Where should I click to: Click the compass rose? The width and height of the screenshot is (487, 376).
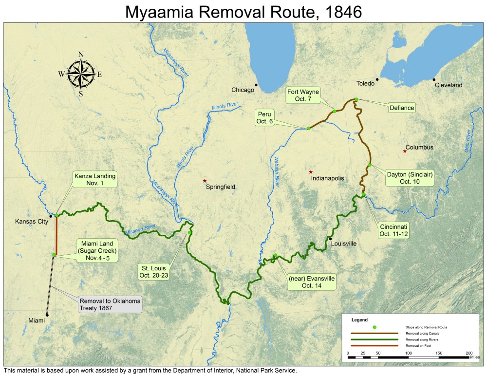coord(81,75)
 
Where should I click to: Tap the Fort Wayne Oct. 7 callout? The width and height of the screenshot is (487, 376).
coord(302,95)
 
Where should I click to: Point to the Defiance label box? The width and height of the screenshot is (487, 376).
coord(402,108)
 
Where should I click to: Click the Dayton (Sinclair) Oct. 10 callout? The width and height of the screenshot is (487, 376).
coord(410,178)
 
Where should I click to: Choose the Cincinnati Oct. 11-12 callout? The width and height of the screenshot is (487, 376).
coord(393,230)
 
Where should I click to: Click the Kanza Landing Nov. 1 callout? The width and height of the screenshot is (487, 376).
coord(95,180)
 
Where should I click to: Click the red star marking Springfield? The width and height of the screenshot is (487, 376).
coord(205,181)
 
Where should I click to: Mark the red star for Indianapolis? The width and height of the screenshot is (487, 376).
coord(311,172)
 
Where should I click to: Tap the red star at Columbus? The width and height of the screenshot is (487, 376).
coord(405,151)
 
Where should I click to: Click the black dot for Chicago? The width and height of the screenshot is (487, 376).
coord(256,85)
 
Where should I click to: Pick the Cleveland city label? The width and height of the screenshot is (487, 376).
coord(449,85)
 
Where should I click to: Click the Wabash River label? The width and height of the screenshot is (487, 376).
coord(276,174)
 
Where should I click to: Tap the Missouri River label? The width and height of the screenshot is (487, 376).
coord(140,229)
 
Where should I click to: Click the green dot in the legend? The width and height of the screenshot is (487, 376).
coord(375,327)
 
